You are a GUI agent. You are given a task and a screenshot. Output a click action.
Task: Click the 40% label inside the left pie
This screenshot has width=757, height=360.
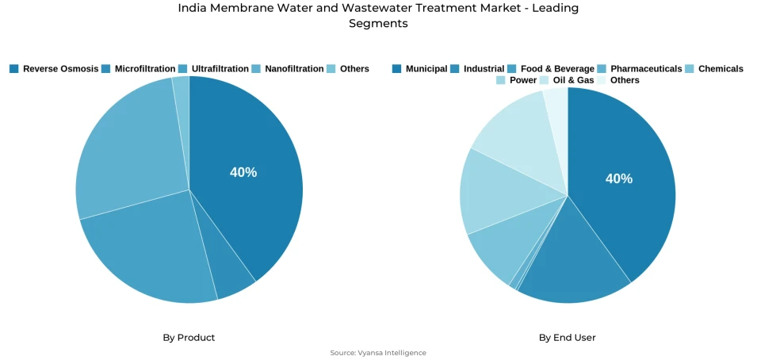pos(243,172)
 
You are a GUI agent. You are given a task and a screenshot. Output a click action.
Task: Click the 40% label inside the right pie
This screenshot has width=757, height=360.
pos(619,178)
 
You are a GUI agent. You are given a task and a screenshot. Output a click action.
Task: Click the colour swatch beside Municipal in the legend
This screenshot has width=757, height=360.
pos(397,69)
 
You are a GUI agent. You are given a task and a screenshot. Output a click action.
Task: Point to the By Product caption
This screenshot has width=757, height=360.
pos(189,337)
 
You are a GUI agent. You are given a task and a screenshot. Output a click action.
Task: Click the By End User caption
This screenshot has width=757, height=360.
pos(567,337)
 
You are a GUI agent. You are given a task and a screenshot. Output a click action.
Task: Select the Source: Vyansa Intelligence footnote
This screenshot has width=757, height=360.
pos(378,353)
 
